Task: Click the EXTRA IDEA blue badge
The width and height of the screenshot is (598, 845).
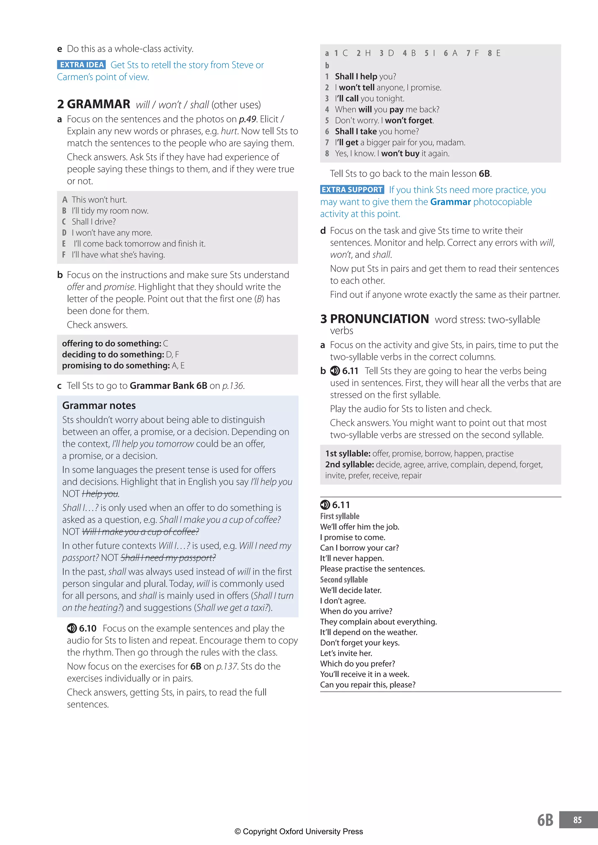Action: [81, 65]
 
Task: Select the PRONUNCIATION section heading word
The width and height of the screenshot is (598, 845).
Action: [379, 319]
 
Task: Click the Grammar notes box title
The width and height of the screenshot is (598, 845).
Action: [99, 405]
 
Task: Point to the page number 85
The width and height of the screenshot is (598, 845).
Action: [577, 820]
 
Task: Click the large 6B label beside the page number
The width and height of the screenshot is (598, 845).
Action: [545, 820]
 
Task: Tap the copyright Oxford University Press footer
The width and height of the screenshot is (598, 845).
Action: [299, 831]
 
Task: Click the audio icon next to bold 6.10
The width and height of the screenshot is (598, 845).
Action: [72, 628]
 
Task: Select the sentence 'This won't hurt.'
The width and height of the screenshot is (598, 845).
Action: [99, 200]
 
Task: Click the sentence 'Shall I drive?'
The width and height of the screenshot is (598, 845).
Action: [93, 222]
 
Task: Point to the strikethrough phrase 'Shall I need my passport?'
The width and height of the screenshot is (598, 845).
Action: [168, 558]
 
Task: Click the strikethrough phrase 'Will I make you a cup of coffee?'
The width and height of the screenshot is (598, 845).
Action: [140, 532]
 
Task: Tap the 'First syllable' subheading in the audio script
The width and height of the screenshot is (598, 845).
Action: [340, 516]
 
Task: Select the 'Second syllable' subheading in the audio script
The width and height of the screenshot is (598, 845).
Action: [344, 580]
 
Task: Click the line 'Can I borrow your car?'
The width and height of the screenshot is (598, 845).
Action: [359, 548]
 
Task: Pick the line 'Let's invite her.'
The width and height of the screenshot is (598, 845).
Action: [346, 653]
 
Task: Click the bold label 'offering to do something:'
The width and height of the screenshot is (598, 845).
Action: [112, 343]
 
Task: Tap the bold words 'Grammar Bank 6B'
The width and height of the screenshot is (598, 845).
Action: [168, 386]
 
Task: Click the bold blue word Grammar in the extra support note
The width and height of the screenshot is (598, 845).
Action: [450, 202]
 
